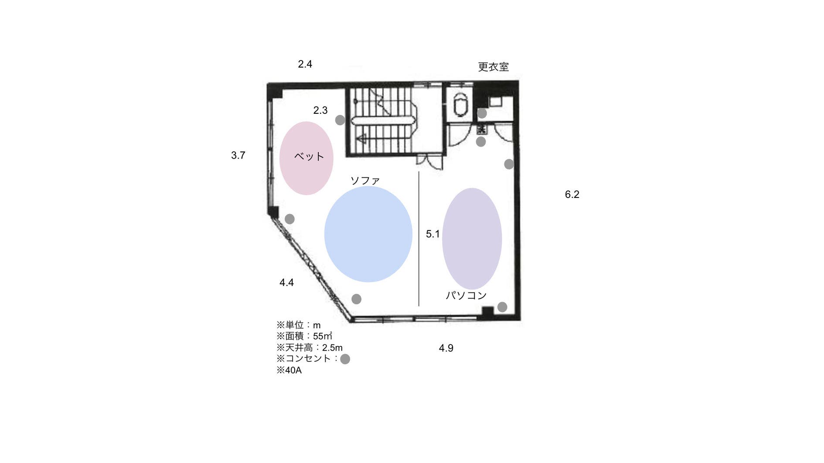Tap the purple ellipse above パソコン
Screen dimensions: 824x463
[x=472, y=238]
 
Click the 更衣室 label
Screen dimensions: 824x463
[x=493, y=67]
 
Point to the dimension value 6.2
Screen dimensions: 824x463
[x=572, y=194]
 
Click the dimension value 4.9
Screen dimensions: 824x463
[x=446, y=348]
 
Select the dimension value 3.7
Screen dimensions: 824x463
[x=238, y=155]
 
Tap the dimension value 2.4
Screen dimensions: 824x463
[x=305, y=64]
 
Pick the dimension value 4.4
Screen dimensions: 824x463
[x=286, y=283]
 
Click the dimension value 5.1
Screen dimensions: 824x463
[x=432, y=234]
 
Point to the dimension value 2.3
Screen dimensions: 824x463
[x=320, y=110]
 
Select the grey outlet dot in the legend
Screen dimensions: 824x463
[x=345, y=359]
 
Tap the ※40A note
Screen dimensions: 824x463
[x=289, y=371]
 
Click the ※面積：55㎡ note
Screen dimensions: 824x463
[x=304, y=336]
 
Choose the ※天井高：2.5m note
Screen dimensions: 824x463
[x=310, y=347]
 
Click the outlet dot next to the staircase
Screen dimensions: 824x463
[x=340, y=120]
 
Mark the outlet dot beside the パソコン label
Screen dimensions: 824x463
[x=502, y=307]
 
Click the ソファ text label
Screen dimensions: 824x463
[x=365, y=180]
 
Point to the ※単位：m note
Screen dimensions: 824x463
[x=299, y=325]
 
